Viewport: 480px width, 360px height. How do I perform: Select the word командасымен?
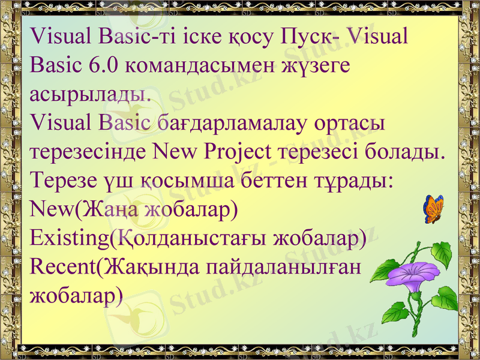[x=200, y=65]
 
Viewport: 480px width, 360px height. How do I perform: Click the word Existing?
[x=70, y=238]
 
